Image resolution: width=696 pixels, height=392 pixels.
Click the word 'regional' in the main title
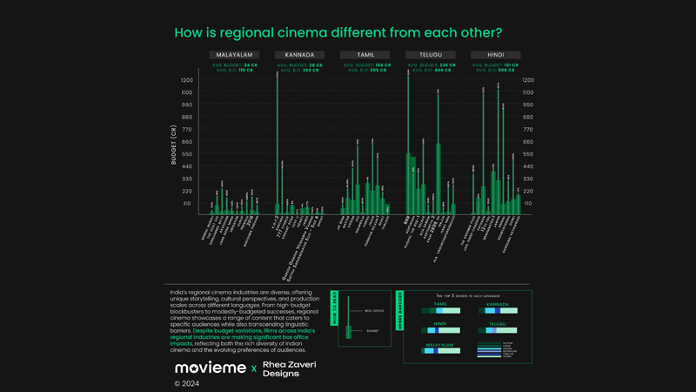(x=261, y=33)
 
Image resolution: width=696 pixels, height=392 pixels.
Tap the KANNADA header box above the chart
(x=299, y=55)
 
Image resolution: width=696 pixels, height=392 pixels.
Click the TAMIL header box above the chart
(x=365, y=55)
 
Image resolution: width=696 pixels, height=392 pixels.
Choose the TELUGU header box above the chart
(x=431, y=55)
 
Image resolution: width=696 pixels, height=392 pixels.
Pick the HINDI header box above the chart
(x=496, y=55)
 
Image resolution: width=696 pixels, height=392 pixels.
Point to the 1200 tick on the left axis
(x=187, y=80)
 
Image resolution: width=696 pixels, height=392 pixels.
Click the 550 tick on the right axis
(x=528, y=154)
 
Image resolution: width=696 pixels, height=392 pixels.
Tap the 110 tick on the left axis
(x=187, y=204)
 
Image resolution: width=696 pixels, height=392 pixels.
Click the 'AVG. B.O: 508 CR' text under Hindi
(x=496, y=70)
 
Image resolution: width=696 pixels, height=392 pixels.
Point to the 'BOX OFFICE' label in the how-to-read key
(x=371, y=310)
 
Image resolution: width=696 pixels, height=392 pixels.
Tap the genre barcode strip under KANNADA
(x=497, y=310)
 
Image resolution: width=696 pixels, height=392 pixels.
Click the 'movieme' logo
(x=210, y=368)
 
